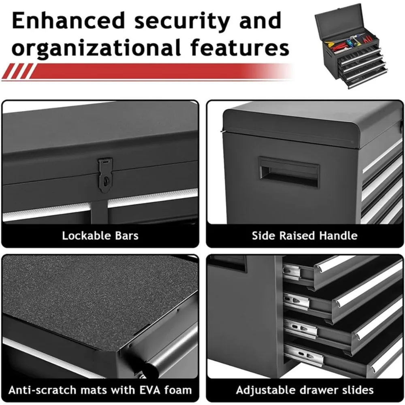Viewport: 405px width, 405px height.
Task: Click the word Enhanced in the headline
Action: (69, 21)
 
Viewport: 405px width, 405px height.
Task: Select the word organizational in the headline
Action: (96, 48)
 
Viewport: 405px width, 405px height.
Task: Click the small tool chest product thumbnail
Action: (351, 46)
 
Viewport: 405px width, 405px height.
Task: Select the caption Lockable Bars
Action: (100, 236)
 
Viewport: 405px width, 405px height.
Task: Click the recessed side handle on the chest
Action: (288, 172)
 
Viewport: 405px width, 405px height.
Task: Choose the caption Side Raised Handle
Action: (305, 236)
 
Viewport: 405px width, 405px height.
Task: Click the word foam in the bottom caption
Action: (178, 390)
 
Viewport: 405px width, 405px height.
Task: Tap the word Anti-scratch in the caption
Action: (42, 390)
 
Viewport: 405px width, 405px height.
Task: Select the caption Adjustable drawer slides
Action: (305, 390)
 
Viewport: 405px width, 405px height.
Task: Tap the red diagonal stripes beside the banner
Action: (18, 71)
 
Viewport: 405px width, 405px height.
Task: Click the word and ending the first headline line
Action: (260, 21)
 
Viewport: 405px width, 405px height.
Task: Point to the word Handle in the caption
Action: (338, 236)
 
